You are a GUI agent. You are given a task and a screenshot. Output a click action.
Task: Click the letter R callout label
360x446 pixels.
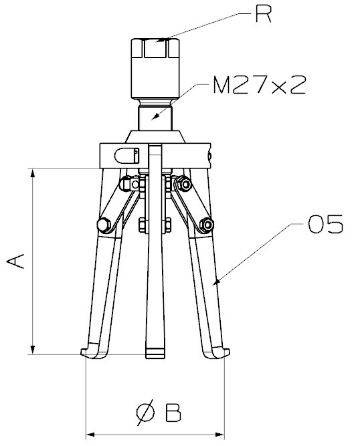pos(264,13)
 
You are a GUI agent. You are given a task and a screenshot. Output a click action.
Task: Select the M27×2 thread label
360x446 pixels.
pos(260,85)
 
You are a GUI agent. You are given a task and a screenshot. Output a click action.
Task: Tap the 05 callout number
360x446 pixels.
pos(326,224)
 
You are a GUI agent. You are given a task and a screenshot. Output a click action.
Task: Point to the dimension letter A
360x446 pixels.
pos(15,261)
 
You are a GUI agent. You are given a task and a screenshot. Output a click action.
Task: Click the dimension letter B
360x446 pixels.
pos(173,412)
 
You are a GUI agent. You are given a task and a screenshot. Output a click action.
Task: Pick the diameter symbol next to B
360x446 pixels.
pos(146,413)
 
